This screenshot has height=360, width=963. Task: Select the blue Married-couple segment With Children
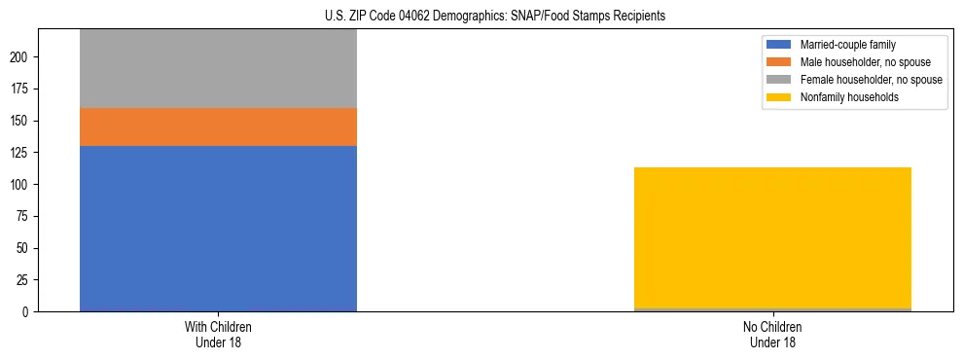coord(218,229)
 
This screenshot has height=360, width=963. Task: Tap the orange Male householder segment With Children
coord(218,126)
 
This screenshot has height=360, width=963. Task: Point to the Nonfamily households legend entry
coord(845,97)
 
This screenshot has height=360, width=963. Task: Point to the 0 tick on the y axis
coord(28,311)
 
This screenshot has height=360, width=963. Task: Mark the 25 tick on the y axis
coord(25,280)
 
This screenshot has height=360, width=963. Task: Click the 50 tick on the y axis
coord(25,248)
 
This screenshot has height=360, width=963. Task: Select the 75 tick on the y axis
coord(25,216)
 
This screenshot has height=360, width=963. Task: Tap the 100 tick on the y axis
coord(22,185)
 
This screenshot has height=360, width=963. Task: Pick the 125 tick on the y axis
coord(22,153)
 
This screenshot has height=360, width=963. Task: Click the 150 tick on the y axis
coord(22,121)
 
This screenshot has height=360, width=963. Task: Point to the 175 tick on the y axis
coord(22,90)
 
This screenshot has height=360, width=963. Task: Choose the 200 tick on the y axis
coord(22,57)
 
